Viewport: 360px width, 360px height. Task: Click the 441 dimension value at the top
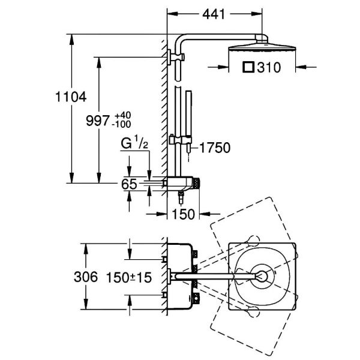coord(214,14)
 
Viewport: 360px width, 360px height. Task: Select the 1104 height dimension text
coord(71,97)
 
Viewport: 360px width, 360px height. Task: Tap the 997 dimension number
coord(98,121)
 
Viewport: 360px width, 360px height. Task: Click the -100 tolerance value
coord(121,124)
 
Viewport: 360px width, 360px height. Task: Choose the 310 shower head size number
coord(269,67)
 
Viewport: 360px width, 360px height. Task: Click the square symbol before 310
coord(248,67)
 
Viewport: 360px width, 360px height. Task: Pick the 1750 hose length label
coord(215,148)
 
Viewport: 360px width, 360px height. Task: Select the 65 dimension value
coord(129,184)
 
